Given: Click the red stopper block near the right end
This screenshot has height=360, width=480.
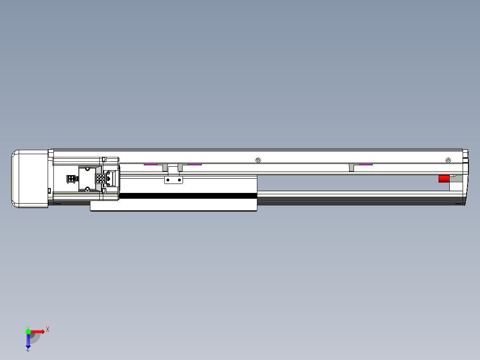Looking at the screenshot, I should (444, 179).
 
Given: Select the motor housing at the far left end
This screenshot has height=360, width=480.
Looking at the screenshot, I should (29, 179).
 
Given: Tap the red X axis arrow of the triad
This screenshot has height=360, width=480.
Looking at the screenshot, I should (38, 331).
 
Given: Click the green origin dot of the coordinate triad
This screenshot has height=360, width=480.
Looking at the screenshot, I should (28, 331).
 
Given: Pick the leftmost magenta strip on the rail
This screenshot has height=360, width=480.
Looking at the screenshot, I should (150, 164).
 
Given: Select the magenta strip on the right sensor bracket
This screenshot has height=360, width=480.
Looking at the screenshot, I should (366, 164).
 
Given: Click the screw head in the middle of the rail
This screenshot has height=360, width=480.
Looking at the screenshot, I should (258, 160).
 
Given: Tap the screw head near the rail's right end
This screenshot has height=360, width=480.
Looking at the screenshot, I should (448, 160).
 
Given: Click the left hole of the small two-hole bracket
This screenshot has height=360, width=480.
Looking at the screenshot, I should (168, 180).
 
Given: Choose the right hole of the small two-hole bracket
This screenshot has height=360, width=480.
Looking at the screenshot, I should (179, 180).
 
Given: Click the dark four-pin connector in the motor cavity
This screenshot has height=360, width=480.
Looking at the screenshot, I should (71, 179).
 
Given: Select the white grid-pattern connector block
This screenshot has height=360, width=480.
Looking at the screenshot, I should (101, 179).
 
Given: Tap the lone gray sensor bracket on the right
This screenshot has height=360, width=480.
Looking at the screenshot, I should (351, 168).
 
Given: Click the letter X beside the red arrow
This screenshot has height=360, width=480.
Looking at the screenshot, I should (48, 330).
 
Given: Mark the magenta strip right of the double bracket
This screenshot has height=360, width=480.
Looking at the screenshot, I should (195, 164).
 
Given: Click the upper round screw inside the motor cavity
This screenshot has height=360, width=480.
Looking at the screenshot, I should (88, 168).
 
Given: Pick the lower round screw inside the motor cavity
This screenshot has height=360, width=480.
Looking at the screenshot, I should (88, 189).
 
